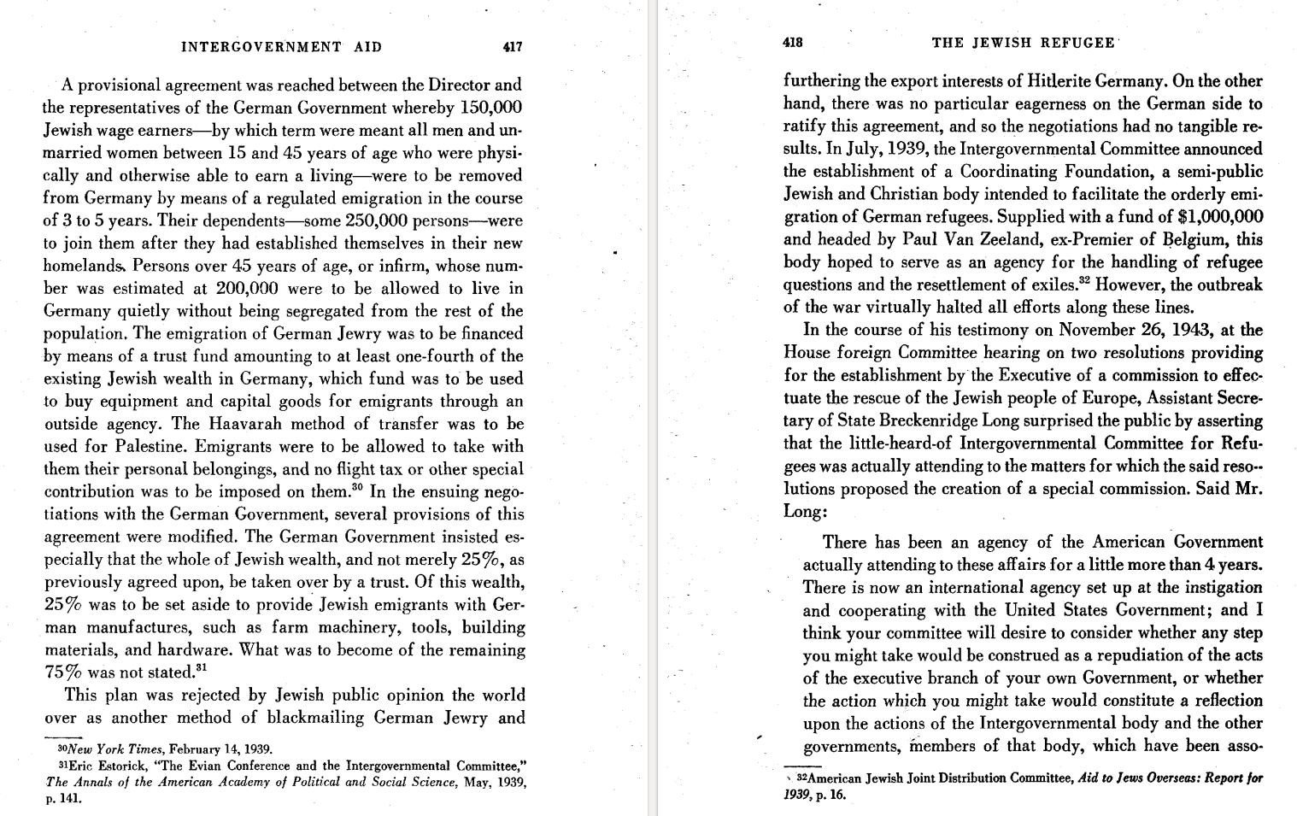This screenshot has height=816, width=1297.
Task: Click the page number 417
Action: click(512, 47)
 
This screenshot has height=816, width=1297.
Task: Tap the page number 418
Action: click(793, 43)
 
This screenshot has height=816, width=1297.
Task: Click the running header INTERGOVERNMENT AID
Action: click(281, 47)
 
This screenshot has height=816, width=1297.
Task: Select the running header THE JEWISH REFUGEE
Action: click(1023, 43)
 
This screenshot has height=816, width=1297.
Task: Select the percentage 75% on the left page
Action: click(62, 672)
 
